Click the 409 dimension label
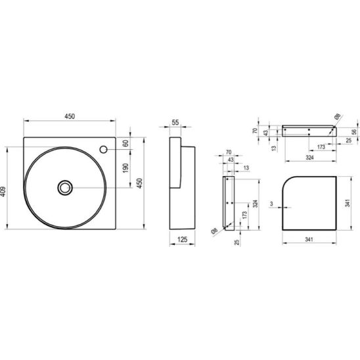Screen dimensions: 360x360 pyautogui.click(x=3, y=191)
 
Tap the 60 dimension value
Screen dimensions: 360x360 pyautogui.click(x=125, y=143)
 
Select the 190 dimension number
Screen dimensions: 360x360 pyautogui.click(x=125, y=168)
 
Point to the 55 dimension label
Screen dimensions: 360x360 pyautogui.click(x=175, y=122)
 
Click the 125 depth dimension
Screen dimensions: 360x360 pyautogui.click(x=182, y=240)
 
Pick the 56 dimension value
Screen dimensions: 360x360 pyautogui.click(x=354, y=132)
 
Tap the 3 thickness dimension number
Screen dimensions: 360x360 pyautogui.click(x=271, y=204)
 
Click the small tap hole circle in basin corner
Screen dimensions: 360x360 pyautogui.click(x=103, y=150)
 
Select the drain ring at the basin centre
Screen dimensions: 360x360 pyautogui.click(x=65, y=188)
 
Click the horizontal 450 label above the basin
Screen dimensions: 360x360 pyautogui.click(x=70, y=116)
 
